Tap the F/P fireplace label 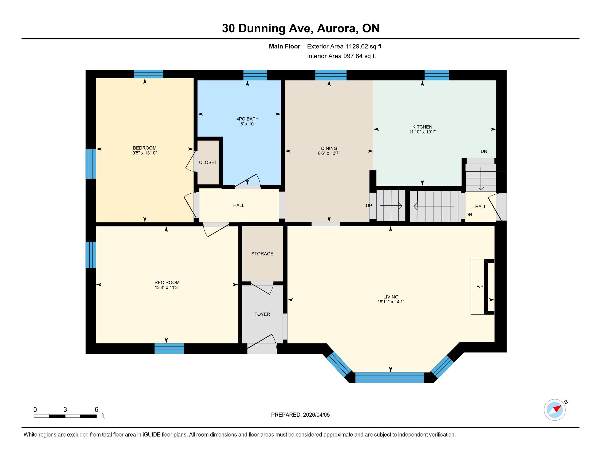coord(480,286)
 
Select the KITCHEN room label coord(422,127)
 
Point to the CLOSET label coord(208,162)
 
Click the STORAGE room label coord(262,254)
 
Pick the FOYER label coord(262,314)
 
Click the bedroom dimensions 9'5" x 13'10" coord(145,153)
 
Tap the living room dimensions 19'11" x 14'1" coord(391,302)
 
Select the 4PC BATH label coord(248,119)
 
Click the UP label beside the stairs coord(369,205)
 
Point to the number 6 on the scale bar coord(96,409)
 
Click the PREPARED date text coord(300,415)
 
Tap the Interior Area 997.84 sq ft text coord(341,56)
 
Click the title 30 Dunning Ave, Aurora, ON coord(301,28)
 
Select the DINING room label coord(329,148)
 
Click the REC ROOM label coord(167,282)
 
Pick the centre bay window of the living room coord(390,377)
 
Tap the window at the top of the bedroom coord(148,74)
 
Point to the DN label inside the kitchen coord(484,151)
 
